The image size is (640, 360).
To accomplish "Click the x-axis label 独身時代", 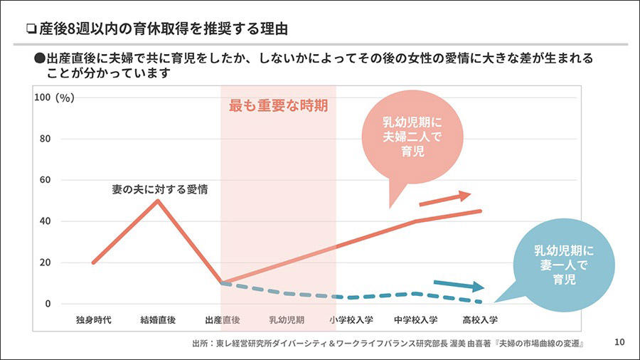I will [x=94, y=319].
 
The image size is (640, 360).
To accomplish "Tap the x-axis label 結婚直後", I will [x=158, y=319].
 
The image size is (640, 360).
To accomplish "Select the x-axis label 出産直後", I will [x=222, y=319].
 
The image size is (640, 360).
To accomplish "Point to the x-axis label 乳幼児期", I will [x=287, y=319].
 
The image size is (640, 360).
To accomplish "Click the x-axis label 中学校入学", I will [x=415, y=319].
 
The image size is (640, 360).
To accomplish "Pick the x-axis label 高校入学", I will [x=480, y=319].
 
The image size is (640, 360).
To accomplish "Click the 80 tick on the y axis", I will [x=46, y=139].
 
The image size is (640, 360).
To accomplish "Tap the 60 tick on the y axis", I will [x=46, y=180].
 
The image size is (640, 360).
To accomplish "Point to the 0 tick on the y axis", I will [x=48, y=304].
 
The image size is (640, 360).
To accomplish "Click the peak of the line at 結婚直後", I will [x=158, y=201].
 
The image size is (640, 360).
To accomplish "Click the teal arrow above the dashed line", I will [x=459, y=284].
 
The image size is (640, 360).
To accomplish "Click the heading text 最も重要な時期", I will [x=278, y=107].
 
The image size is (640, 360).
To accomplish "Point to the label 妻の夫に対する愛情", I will [x=154, y=189].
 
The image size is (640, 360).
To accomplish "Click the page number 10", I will [x=619, y=343].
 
